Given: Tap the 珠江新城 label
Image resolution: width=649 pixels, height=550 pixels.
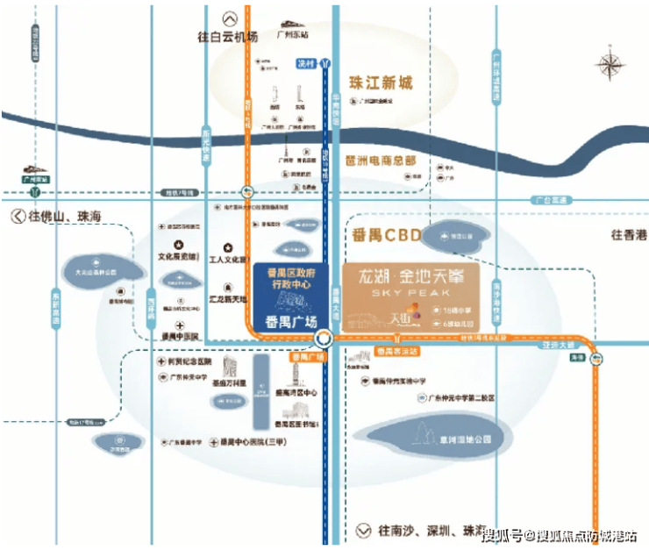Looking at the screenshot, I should pos(381,83).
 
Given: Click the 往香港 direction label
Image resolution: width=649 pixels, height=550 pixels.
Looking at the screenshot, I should pos(629,234).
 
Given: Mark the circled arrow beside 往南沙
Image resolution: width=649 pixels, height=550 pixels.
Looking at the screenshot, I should pos(363,531).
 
